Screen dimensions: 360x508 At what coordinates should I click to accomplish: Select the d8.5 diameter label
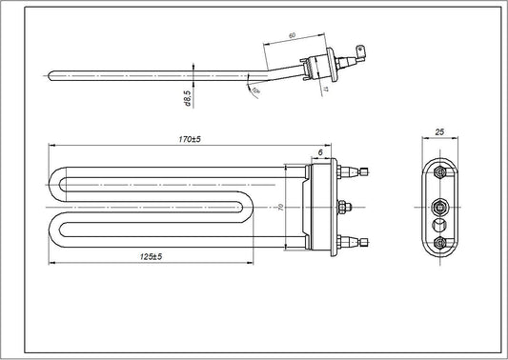[189, 97]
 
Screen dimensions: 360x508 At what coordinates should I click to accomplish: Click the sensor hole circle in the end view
[438, 224]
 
